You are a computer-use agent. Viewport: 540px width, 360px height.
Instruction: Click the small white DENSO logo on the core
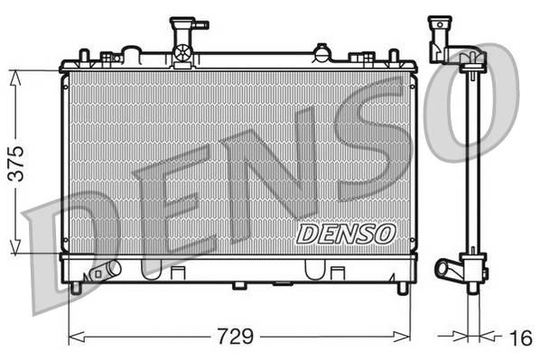[346, 233]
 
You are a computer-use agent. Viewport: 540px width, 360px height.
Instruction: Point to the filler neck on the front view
[184, 38]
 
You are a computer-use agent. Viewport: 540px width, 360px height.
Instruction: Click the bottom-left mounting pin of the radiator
[76, 287]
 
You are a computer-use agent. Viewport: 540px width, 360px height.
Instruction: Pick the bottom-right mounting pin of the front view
[402, 287]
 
